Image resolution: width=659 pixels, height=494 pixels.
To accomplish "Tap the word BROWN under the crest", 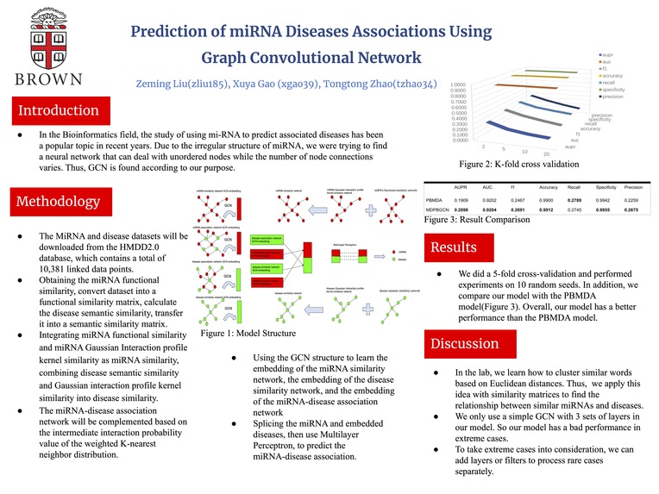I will coord(50,79).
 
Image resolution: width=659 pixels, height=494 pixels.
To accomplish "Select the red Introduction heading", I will coord(59,110).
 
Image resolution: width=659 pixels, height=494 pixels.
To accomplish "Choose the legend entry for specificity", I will coord(613,90).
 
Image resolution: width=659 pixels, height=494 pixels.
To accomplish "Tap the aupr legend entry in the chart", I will coord(610,53).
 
